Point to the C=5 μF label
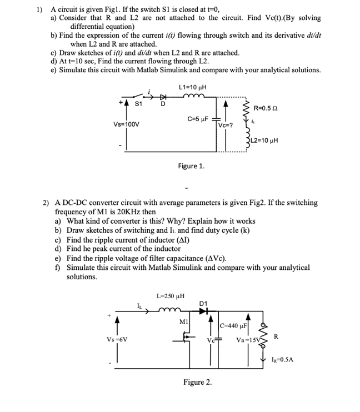(198, 119)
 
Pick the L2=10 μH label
(268, 140)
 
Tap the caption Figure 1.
(191, 165)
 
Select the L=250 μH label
(171, 296)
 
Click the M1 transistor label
(183, 322)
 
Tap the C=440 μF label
(233, 325)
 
